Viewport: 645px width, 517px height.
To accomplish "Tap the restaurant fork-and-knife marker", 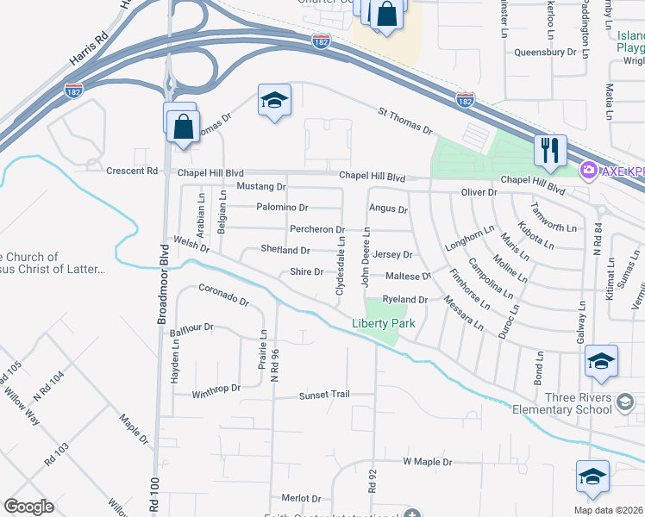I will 549,151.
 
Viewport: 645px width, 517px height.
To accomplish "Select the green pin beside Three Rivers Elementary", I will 626,401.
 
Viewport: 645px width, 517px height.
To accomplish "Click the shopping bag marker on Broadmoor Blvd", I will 184,127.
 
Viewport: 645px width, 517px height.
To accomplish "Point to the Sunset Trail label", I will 323,395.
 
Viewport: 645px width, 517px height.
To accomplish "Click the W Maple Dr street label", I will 428,463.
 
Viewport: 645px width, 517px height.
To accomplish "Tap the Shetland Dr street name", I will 285,250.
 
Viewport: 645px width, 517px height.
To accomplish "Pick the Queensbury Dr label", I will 544,52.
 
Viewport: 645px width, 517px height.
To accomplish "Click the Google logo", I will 28,507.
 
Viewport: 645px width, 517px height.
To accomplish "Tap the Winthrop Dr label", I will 216,389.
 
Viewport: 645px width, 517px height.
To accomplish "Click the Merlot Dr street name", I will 301,498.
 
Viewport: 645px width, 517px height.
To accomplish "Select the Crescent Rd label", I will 132,171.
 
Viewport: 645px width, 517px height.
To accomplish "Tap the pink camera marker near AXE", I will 590,170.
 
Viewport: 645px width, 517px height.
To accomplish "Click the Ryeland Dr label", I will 404,299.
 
